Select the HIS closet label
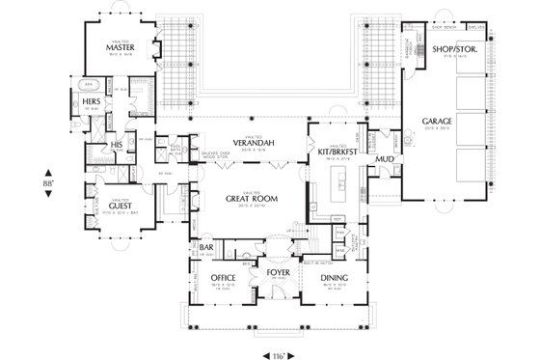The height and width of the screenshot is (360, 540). point(117,145)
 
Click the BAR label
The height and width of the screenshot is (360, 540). point(205,247)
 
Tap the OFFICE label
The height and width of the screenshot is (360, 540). point(224,278)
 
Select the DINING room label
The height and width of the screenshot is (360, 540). point(334,278)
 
